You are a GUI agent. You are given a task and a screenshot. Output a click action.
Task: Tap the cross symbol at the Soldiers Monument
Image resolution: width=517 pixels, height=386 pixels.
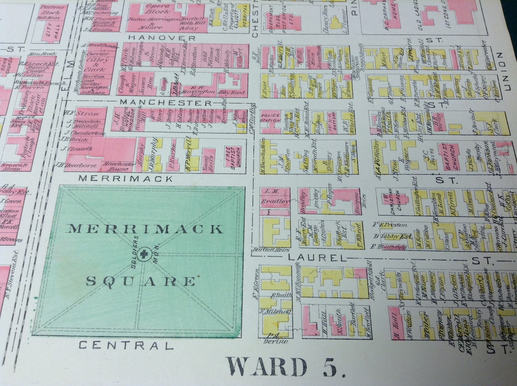144,254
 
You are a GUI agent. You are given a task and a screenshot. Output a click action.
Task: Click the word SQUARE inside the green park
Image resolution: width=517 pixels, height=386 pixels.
141,281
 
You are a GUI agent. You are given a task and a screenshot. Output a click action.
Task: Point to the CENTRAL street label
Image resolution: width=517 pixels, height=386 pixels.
126,346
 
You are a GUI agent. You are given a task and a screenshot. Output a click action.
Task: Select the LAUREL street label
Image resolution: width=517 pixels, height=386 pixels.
317,258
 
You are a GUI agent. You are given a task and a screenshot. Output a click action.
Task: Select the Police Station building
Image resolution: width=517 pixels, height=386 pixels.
271,120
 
